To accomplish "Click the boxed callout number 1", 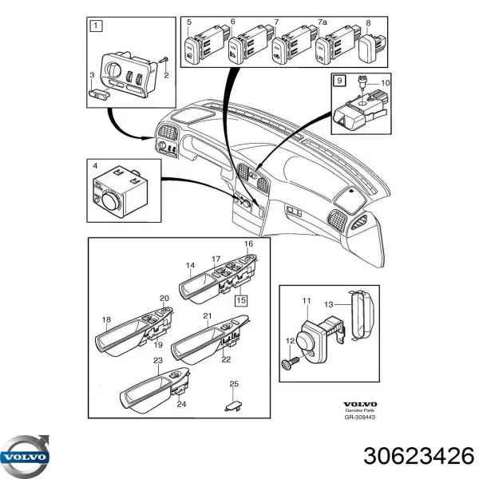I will click(97, 26).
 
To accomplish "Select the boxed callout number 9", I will click(338, 80).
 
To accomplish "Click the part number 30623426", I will click(407, 456).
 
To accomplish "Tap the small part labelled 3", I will click(99, 93).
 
